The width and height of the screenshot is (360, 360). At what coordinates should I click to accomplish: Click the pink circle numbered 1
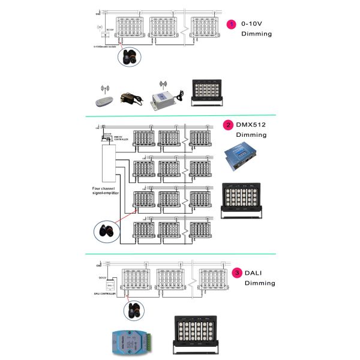click(x=232, y=24)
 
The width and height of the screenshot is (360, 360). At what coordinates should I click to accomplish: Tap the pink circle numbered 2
click(x=228, y=125)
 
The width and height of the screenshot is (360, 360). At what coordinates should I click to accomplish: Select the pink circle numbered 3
click(x=238, y=273)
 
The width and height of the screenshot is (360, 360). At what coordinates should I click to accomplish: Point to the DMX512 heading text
click(x=251, y=125)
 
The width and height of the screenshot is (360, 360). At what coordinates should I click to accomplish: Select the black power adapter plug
click(x=130, y=98)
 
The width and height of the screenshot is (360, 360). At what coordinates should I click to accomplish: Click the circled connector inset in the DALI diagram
click(x=133, y=310)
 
